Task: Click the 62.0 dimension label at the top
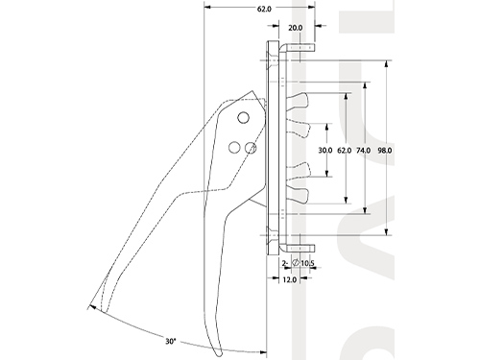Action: click(264, 9)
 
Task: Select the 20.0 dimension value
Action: click(295, 28)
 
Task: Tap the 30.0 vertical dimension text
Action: click(325, 150)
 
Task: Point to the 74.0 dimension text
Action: click(364, 150)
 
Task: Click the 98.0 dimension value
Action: click(384, 150)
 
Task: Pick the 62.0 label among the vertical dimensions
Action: click(345, 150)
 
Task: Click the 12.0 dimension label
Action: click(289, 279)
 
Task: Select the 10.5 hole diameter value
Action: click(307, 263)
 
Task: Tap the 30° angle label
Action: click(171, 342)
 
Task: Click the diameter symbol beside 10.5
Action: click(296, 263)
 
